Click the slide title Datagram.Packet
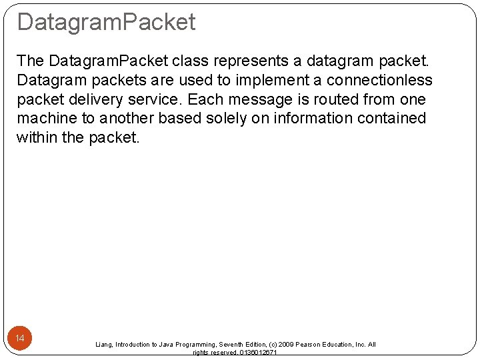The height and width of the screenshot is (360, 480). pos(106,22)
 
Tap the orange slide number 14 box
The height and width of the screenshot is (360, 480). pos(20,339)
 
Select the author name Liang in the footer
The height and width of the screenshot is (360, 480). pos(103,345)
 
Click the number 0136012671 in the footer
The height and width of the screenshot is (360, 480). pos(258,353)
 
